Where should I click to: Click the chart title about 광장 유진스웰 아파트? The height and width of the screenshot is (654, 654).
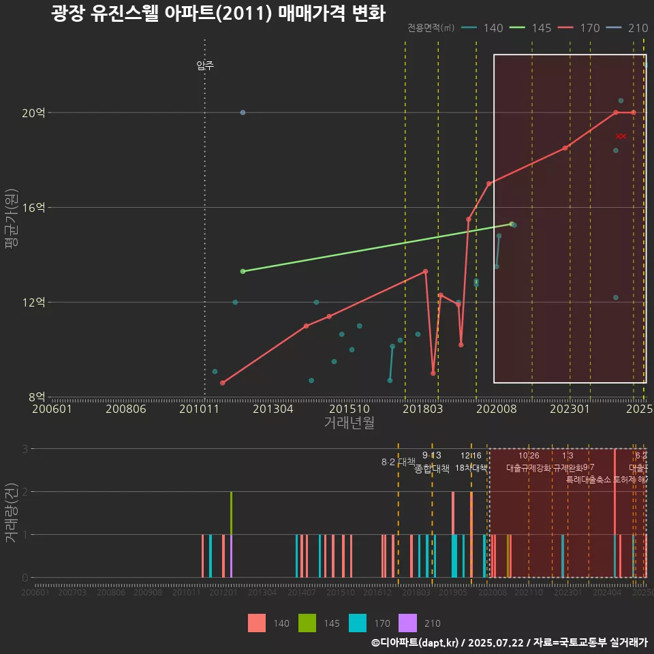tap(218, 14)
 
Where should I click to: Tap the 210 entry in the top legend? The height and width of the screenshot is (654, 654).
tap(627, 28)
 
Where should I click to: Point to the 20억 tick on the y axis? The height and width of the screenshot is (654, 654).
tap(33, 113)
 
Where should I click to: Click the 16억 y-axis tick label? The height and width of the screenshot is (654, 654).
tap(33, 207)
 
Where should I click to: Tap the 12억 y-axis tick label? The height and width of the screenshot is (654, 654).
tap(33, 302)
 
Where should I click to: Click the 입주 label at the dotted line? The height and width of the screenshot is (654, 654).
tap(205, 65)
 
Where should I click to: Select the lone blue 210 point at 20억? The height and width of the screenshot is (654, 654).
tap(243, 112)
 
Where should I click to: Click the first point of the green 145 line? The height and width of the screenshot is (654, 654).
tap(243, 271)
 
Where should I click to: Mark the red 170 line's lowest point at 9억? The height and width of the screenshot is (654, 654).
tap(433, 373)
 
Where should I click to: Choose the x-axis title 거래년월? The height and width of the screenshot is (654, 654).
tap(349, 423)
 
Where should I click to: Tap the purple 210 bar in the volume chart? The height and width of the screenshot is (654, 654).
tap(232, 556)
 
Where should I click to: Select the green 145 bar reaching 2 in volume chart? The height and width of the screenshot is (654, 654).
tap(232, 512)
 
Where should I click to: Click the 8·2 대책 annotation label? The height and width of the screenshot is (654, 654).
tap(398, 462)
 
